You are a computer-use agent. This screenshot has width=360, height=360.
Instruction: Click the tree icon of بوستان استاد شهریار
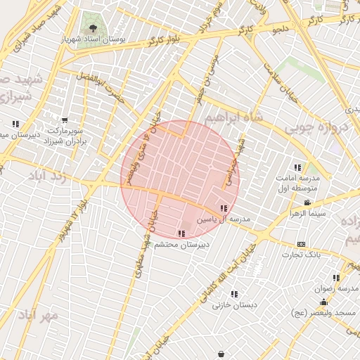point(93,29)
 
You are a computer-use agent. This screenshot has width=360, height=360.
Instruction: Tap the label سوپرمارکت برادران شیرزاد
point(65,136)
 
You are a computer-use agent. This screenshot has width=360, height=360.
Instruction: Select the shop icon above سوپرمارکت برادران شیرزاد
point(65,121)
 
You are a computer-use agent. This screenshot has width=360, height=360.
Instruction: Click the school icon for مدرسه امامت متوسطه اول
point(297,167)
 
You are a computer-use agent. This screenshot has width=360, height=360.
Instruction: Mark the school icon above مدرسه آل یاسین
point(224,208)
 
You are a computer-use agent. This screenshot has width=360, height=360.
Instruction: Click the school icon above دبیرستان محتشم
point(181,233)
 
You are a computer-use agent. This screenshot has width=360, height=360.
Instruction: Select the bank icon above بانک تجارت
point(302,244)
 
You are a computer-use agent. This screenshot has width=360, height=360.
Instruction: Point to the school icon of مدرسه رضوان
point(336,278)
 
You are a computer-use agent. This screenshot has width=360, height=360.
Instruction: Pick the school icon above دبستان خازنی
point(233,294)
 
